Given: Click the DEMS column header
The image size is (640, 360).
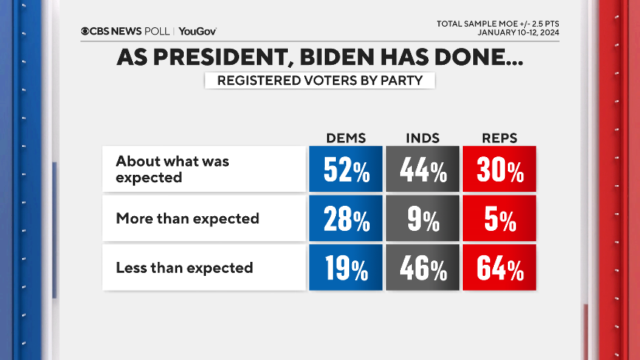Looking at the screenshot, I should [x=345, y=138].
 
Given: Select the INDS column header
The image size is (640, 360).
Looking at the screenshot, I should [x=422, y=138].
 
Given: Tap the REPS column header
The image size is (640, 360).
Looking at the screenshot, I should [x=498, y=138].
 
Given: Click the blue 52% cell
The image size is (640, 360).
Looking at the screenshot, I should [x=345, y=170].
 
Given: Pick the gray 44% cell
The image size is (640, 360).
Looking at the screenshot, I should [x=422, y=170].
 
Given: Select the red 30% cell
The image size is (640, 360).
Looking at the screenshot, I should [x=498, y=170].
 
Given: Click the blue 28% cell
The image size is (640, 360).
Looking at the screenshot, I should [x=345, y=218].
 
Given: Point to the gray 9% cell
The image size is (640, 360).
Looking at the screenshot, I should [x=422, y=218].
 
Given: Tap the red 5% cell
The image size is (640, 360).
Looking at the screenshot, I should [x=498, y=218].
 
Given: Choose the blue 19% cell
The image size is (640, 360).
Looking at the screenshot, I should [x=345, y=268].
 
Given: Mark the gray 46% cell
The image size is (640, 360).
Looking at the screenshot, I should [x=422, y=268].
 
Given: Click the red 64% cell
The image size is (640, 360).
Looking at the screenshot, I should [x=498, y=268].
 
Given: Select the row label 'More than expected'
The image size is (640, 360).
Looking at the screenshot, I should [x=187, y=218].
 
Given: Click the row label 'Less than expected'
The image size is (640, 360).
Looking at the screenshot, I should [x=185, y=268].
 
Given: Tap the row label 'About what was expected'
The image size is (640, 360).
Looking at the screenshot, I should [x=173, y=170].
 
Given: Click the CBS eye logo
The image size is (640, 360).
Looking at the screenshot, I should [x=86, y=31].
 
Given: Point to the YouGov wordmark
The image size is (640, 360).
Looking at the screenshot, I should [x=197, y=31].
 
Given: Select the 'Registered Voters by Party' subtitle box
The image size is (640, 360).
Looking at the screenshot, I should [x=320, y=80].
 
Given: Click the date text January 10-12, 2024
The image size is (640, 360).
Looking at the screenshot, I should [x=517, y=32].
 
